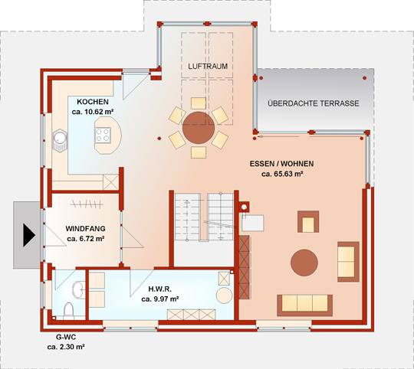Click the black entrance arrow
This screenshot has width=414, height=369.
tap(28, 235)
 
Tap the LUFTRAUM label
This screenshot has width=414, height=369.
tap(208, 66)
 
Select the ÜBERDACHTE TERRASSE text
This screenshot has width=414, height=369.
tap(314, 103)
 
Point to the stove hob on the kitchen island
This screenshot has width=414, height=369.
tap(103, 136)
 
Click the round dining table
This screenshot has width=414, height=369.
tap(199, 128)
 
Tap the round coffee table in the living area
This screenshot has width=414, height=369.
tap(304, 263)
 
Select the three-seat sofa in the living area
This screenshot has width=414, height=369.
tap(304, 305)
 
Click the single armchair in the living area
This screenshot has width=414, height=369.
tap(308, 222)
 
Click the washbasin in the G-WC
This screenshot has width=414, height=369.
tap(78, 289)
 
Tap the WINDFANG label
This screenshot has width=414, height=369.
tap(85, 228)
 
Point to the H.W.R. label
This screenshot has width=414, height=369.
tap(160, 289)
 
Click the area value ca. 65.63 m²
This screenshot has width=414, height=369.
tap(282, 174)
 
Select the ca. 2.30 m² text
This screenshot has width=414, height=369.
tap(66, 347)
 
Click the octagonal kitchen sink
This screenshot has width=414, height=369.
tap(60, 141)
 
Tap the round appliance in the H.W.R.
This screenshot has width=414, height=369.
tap(224, 296)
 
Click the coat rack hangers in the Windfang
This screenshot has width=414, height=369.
tap(87, 204)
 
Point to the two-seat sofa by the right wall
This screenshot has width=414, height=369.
tap(348, 262)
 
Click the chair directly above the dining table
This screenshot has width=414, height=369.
tap(199, 103)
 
